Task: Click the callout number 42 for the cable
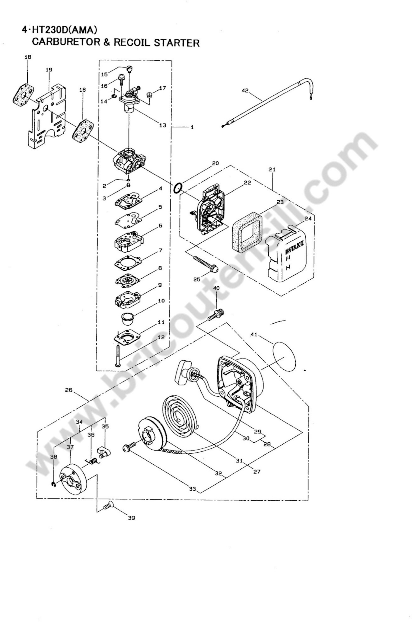(245, 91)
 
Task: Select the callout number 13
(163, 125)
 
